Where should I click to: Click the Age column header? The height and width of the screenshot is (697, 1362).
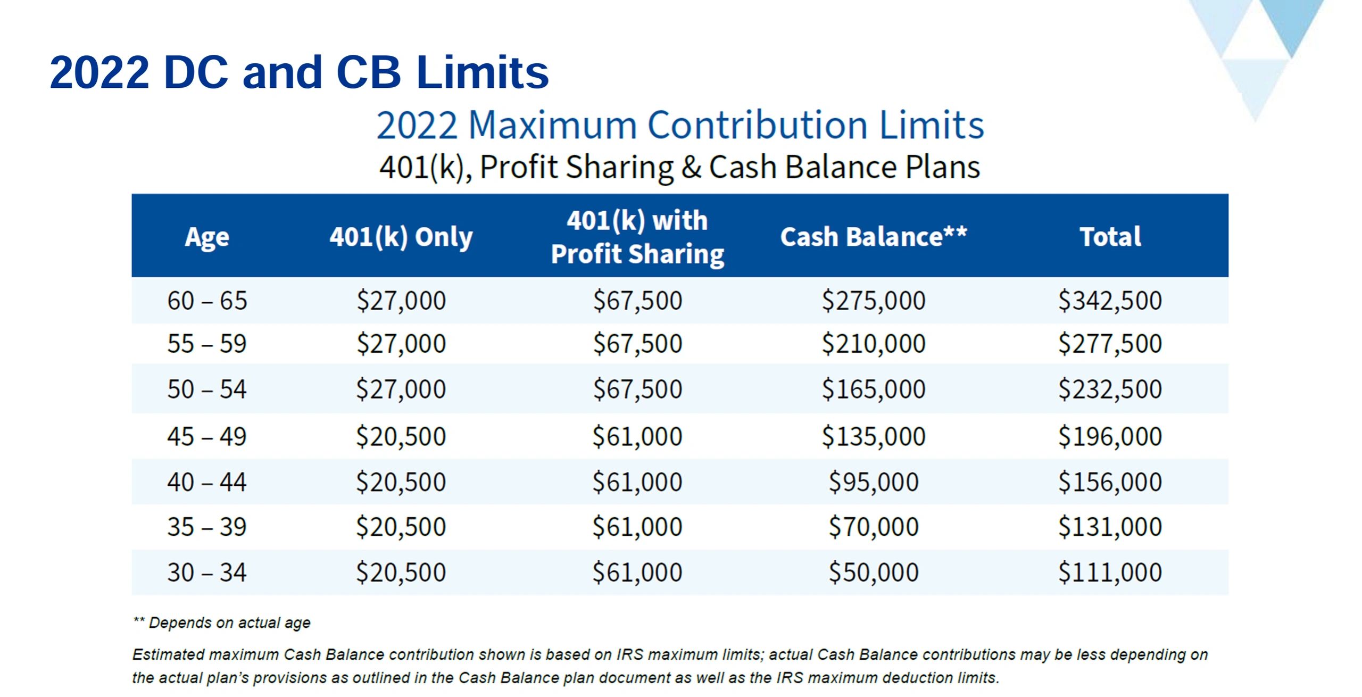207,237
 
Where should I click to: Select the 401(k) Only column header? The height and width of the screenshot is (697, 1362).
401,237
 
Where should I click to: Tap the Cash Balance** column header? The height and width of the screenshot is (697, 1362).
873,237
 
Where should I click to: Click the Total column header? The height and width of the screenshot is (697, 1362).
1110,237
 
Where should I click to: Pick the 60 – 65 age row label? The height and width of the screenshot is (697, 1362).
207,301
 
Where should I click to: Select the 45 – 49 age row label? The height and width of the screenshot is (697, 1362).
207,437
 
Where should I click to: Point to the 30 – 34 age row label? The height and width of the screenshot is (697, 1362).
207,572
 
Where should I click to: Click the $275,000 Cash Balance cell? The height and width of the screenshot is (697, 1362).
874,301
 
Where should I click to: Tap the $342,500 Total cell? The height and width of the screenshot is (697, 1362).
1110,301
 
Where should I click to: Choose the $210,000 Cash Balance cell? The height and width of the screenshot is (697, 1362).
874,344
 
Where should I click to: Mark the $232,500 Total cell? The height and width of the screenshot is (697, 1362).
1110,389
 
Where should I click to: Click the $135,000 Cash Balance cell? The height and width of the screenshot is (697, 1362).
874,437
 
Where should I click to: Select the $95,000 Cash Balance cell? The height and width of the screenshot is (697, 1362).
874,482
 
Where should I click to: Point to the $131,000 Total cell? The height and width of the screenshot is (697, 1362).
1110,527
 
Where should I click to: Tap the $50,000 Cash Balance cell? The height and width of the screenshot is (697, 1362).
874,572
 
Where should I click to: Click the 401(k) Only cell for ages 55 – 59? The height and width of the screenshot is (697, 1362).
401,344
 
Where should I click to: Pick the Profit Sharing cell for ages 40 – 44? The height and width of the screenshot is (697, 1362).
637,482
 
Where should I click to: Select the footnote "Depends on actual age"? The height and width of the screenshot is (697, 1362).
229,623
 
